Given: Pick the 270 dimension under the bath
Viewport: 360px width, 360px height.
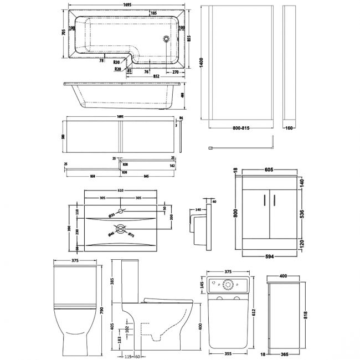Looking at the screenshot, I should coord(175,71).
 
